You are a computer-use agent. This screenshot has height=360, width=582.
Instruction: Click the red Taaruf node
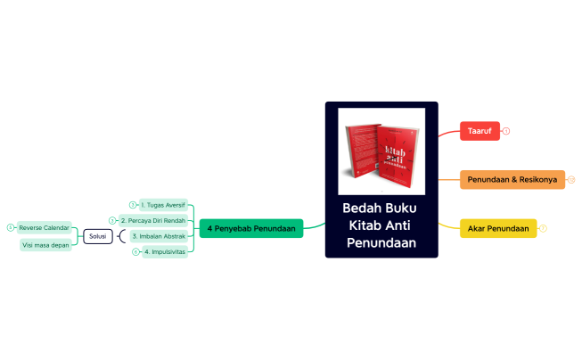click(x=480, y=131)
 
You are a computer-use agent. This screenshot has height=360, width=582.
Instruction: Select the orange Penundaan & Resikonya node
click(x=512, y=180)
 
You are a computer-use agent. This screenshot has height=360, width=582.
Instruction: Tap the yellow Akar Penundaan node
click(x=497, y=229)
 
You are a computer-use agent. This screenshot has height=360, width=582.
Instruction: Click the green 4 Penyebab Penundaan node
click(x=250, y=229)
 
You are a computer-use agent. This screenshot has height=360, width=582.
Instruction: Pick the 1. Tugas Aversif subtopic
click(x=163, y=205)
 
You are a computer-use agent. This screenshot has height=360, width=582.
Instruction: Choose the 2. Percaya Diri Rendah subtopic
click(x=152, y=220)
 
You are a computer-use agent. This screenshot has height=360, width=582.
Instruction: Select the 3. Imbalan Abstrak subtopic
click(x=158, y=236)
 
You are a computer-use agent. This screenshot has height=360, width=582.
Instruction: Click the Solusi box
click(x=97, y=236)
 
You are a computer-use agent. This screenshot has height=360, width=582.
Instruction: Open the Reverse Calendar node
click(x=44, y=227)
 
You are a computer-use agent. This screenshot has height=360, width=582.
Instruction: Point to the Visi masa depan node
click(x=45, y=245)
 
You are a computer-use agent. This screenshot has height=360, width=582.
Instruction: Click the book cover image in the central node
click(x=381, y=150)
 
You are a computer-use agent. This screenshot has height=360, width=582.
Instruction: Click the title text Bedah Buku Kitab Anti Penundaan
click(x=381, y=225)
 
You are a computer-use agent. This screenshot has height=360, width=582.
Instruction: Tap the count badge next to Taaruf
click(x=506, y=131)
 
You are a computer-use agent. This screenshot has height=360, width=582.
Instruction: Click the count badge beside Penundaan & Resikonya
click(x=571, y=180)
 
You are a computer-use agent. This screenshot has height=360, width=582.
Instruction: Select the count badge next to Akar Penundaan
click(x=543, y=229)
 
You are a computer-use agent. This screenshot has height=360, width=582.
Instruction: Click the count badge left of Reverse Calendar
click(x=10, y=227)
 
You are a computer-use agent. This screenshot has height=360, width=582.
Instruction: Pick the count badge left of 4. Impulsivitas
click(x=135, y=252)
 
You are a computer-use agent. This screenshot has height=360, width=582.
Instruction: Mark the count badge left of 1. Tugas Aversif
click(x=133, y=205)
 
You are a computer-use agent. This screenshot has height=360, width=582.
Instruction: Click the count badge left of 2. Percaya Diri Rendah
click(x=111, y=220)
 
